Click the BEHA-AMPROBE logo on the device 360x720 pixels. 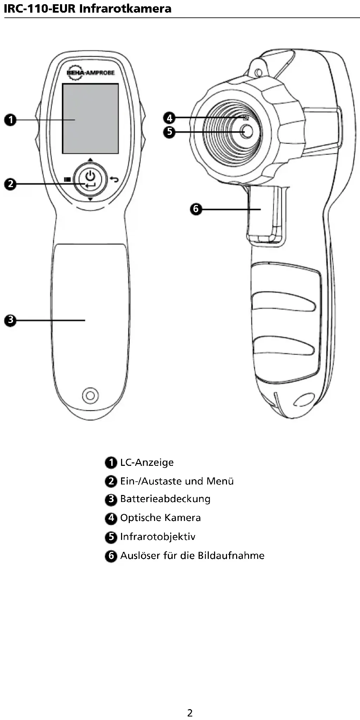[91, 72]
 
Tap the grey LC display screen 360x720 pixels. [91, 119]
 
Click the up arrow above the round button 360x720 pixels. [90, 160]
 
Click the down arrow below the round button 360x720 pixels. [90, 199]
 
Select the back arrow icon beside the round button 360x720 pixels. [114, 179]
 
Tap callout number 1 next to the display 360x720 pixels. [11, 120]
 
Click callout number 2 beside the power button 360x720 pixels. [11, 184]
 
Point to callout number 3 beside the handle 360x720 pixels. [11, 320]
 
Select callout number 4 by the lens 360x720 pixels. [169, 118]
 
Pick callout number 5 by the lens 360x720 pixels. [169, 132]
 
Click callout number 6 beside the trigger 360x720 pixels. [196, 209]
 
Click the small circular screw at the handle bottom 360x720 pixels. [90, 396]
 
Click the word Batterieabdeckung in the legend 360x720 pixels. [165, 499]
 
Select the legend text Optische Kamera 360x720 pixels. [160, 518]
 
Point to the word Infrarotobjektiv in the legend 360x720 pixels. [158, 537]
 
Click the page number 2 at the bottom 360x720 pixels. [190, 713]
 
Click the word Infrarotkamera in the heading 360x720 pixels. [125, 8]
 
